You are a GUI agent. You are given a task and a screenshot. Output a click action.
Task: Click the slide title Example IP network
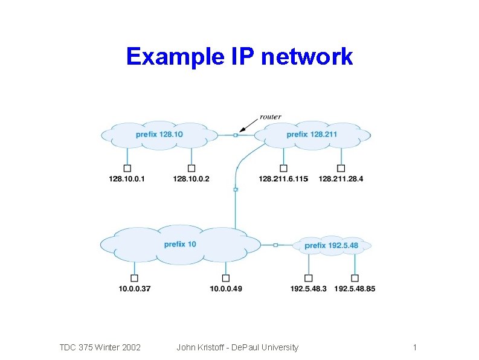pos(239,57)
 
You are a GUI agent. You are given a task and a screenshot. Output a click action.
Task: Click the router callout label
pos(270,117)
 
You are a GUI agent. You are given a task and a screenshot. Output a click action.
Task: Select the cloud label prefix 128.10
pos(159,134)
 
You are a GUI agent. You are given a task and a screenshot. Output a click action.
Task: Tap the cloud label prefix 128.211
pos(312,134)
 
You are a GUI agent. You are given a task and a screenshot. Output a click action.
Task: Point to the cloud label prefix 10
pos(180,244)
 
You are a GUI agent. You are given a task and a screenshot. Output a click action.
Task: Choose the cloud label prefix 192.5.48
pos(331,245)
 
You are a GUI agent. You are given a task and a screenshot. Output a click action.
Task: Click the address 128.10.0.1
pos(127,179)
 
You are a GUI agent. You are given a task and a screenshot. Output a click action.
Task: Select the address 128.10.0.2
pos(191,179)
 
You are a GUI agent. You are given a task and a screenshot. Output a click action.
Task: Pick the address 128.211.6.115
pos(283,179)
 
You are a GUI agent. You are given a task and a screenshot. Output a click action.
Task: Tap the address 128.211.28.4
pos(341,179)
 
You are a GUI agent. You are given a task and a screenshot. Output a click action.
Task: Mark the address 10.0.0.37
pos(134,289)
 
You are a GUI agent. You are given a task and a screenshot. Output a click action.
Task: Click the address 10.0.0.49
pos(225,289)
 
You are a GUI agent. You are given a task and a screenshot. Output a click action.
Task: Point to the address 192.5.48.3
pos(308,289)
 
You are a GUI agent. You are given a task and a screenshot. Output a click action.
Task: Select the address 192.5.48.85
pos(355,289)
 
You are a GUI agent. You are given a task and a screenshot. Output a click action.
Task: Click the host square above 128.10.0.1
pos(127,168)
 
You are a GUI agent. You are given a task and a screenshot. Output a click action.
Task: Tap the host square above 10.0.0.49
pos(225,278)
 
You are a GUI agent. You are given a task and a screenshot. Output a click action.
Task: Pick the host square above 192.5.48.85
pos(355,278)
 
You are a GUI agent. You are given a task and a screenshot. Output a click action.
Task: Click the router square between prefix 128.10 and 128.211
pos(236,135)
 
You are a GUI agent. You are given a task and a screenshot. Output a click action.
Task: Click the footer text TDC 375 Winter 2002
pos(100,347)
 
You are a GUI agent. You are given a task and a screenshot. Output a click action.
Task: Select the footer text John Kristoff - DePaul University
pos(237,347)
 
